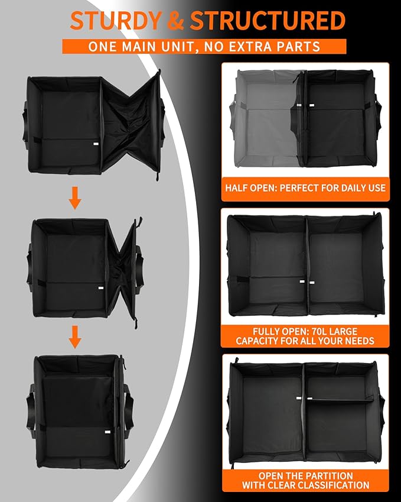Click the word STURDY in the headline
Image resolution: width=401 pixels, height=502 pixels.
coord(115,21)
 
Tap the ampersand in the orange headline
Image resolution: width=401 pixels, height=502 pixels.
coord(175,21)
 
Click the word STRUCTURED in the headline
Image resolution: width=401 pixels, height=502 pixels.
coord(268,21)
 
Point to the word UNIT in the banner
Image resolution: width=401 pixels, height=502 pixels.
coord(176,47)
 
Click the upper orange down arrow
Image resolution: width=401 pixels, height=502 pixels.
coord(75,198)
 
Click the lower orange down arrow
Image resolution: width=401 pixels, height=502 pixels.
coord(75,337)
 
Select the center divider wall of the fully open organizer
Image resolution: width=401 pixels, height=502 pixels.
coord(307,265)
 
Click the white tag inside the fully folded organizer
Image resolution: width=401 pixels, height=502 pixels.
coord(107,432)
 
